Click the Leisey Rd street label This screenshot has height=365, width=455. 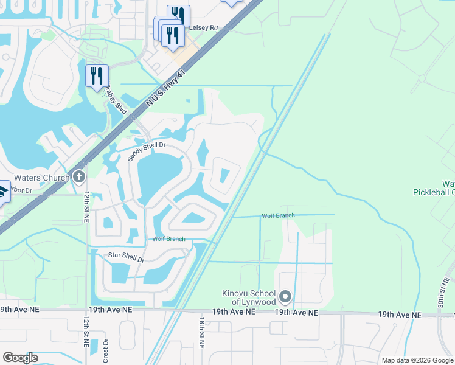204,28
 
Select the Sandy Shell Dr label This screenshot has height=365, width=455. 146,151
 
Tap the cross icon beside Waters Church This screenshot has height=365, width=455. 78,177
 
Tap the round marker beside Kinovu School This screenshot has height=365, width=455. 286,297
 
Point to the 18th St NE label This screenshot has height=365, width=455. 201,332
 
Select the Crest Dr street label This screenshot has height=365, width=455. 105,348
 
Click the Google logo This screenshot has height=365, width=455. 21,358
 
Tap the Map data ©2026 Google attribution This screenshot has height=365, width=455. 417,360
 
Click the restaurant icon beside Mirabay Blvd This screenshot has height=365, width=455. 97,75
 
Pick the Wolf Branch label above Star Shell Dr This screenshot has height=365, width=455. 168,239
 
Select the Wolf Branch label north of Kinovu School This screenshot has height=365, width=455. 278,215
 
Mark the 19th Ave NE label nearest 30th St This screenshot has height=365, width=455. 400,315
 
